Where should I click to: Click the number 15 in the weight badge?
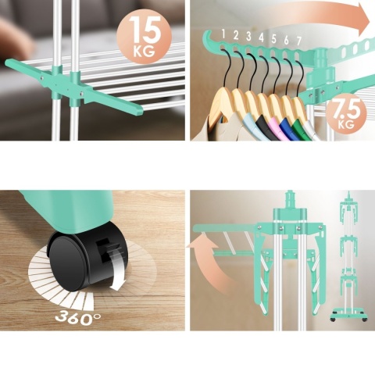click(x=145, y=30)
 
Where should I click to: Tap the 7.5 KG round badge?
click(x=346, y=113)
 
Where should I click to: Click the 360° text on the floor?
click(x=78, y=318)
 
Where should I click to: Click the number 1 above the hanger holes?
click(x=223, y=34)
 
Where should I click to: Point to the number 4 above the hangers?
click(x=261, y=37)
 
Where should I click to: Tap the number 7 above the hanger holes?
click(x=299, y=41)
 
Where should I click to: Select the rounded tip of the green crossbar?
click(x=138, y=110)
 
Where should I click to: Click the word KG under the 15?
click(x=144, y=51)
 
